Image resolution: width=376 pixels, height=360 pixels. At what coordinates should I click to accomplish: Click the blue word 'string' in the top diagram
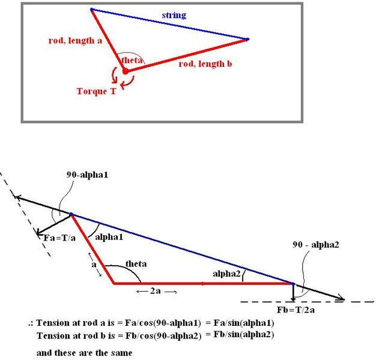pos(174,15)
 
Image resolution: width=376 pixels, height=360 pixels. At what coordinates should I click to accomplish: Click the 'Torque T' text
pos(96,91)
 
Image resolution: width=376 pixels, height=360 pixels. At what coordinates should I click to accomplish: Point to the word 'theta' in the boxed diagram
pos(132,60)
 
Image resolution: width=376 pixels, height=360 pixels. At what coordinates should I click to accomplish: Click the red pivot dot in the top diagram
pos(126,71)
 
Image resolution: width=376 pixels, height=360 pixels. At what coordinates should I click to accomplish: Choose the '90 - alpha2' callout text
pos(315,245)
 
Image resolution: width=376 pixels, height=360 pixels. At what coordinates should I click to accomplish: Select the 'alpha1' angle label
pos(109,237)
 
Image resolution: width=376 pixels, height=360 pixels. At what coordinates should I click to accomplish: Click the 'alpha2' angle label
pos(228,274)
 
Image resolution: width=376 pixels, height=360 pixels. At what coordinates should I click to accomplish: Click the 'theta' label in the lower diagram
pos(136,264)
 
